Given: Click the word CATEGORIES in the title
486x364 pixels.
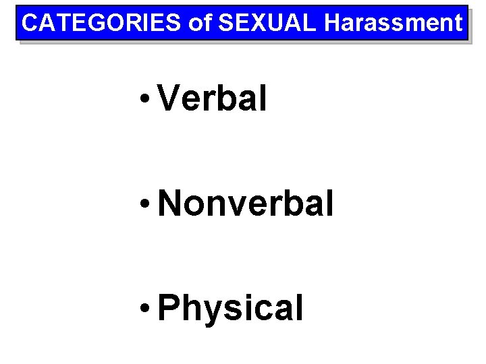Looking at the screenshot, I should (x=102, y=23).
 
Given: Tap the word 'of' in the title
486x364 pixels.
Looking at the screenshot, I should (x=200, y=23).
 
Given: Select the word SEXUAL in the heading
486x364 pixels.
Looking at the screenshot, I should (x=266, y=23).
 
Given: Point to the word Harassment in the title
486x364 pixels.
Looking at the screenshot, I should (x=394, y=23).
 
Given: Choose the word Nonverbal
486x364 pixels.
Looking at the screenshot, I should (x=246, y=204).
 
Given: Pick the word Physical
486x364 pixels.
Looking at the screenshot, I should (x=230, y=308).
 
